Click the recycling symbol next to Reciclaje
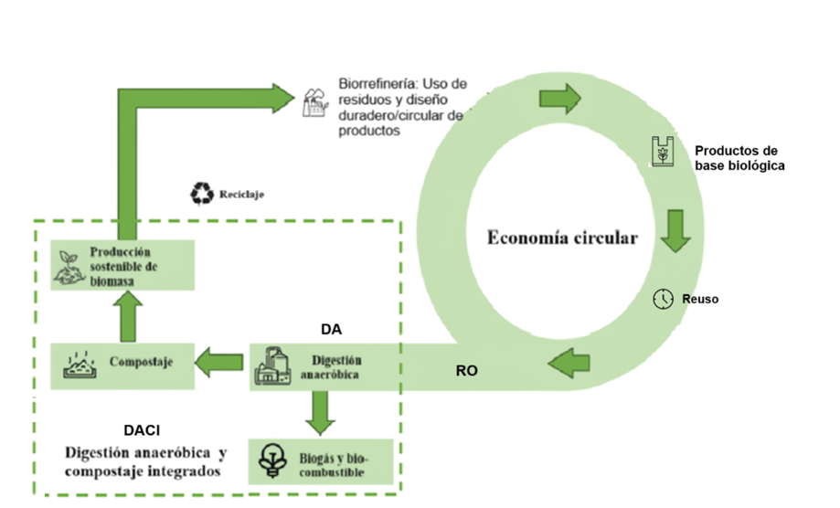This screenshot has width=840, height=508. (202, 194)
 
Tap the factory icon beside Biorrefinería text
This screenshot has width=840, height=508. (315, 102)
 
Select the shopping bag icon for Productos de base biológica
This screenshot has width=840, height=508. (663, 151)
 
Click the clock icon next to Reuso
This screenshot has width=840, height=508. (664, 299)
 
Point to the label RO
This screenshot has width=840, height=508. (466, 370)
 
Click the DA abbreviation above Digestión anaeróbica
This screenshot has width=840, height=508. (331, 329)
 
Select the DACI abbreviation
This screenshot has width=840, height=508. (142, 430)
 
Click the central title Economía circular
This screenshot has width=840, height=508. (562, 238)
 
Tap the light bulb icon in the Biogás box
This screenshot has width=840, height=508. (272, 460)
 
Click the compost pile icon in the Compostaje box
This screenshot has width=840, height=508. (80, 365)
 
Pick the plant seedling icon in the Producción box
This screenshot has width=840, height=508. (69, 267)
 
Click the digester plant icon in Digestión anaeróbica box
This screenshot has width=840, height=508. (272, 366)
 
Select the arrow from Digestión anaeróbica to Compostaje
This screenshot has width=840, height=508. (218, 363)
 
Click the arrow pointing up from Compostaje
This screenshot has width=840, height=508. (128, 316)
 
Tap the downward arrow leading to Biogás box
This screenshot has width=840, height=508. (320, 413)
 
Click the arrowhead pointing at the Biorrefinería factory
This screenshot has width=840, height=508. (283, 98)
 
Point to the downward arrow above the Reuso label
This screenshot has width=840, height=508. (675, 231)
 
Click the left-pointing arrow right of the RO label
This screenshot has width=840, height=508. (569, 363)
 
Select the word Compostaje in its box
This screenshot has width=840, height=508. (141, 362)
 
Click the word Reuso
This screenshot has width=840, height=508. (700, 300)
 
